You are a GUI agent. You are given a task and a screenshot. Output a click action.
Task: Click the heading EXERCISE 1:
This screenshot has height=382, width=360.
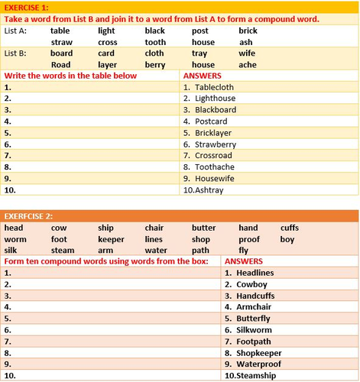coord(25,7)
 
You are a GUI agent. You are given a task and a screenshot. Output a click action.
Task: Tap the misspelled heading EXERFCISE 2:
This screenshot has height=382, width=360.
coord(28,217)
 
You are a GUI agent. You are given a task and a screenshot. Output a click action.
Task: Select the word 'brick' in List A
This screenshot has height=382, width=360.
coord(248,31)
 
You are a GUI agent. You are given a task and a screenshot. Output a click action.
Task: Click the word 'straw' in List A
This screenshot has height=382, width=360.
coord(61,42)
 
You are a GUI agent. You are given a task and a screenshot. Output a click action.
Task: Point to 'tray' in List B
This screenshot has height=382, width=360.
coord(199,54)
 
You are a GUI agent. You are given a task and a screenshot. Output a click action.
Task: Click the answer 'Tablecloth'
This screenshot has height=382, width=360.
coord(216,87)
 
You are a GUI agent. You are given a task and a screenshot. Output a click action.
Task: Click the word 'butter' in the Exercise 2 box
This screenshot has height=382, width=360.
coord(203,228)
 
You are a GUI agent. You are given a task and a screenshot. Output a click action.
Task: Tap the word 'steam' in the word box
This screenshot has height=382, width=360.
coord(63,250)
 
